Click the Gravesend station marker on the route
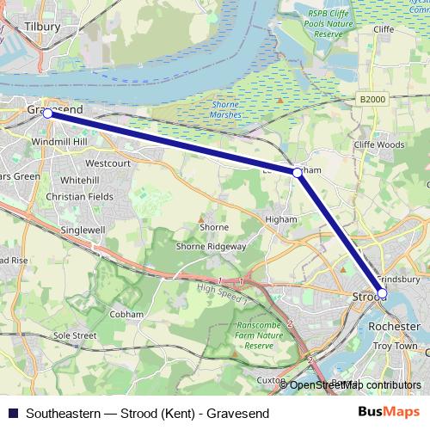[47, 114]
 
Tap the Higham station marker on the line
[297, 172]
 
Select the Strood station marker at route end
[382, 295]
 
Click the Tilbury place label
[42, 27]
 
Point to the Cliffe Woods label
[378, 144]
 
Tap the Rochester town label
[392, 327]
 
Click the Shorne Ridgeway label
[211, 246]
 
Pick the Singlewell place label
[83, 230]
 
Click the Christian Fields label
[79, 197]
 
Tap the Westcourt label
[107, 163]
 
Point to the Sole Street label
[74, 335]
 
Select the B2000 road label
[372, 100]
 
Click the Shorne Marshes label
[226, 109]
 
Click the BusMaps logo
[395, 413]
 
